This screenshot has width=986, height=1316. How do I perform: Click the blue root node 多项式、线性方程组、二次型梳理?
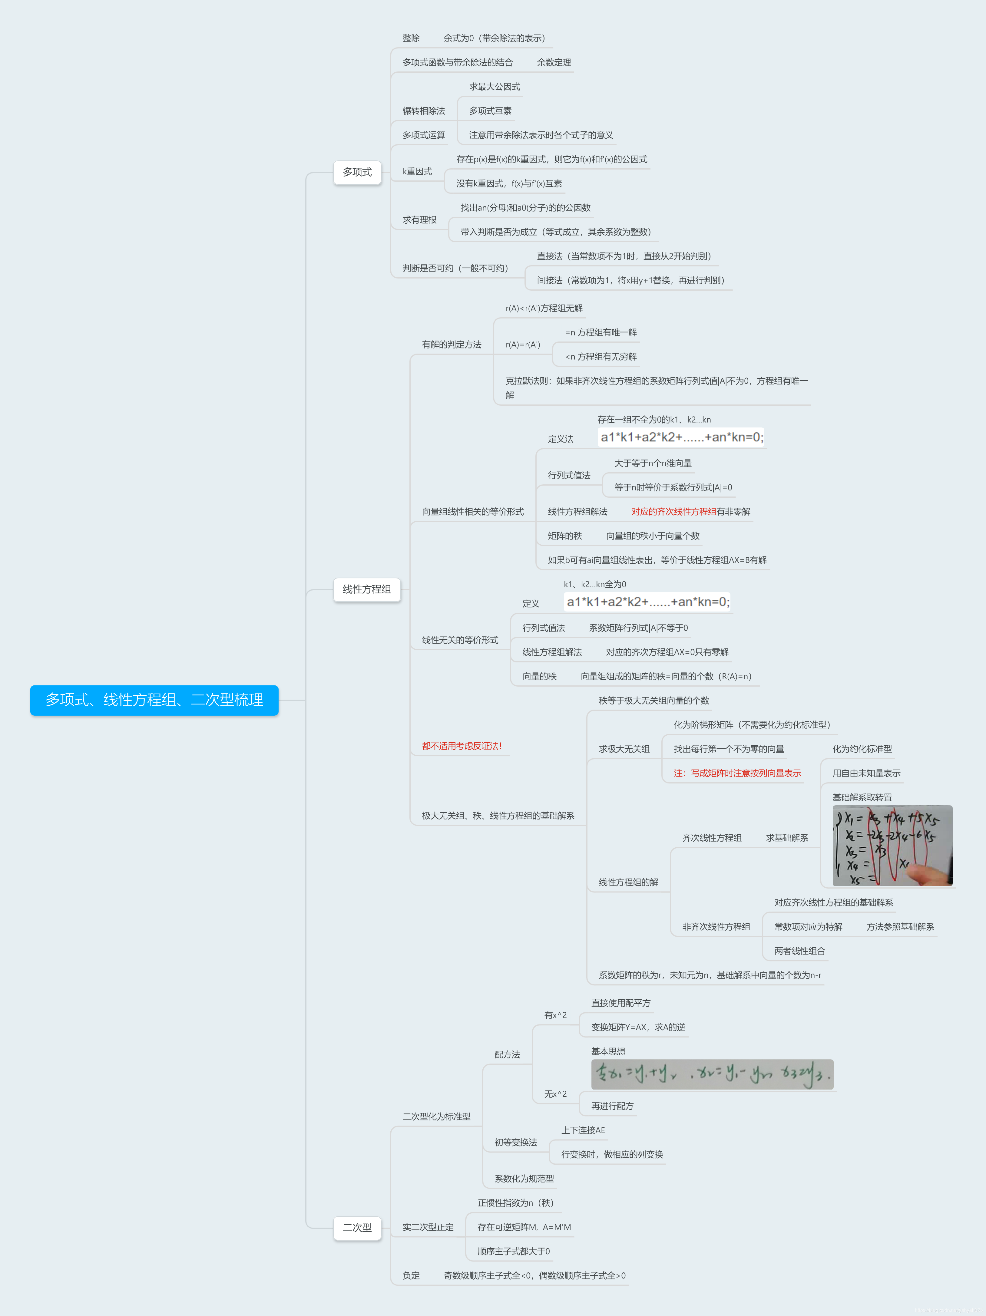154,700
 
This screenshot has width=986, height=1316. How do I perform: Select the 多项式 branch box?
357,172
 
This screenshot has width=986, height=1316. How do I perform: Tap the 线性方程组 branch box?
366,589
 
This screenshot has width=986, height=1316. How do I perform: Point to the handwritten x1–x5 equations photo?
892,846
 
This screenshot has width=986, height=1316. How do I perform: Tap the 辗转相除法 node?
424,111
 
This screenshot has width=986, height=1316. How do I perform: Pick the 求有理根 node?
419,219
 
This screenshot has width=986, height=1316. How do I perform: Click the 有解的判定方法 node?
452,345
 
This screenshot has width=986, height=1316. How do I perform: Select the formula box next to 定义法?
681,437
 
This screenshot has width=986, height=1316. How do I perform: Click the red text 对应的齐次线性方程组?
673,512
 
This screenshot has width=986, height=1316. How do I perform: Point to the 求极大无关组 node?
624,749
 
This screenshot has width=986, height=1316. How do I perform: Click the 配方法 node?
507,1054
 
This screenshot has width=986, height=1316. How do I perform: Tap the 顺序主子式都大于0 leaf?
514,1251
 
